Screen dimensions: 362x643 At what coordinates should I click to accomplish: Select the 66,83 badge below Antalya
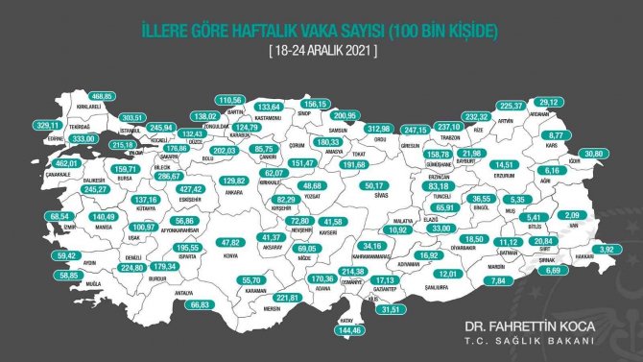(201, 303)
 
